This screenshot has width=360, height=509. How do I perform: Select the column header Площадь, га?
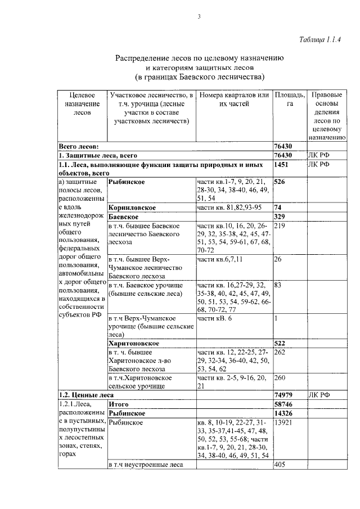tap(290, 100)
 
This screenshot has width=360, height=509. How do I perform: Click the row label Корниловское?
tap(132, 207)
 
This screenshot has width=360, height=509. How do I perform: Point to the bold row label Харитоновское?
tap(134, 343)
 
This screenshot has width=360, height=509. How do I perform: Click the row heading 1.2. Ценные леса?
tap(82, 395)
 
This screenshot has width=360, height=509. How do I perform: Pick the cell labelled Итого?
tap(119, 404)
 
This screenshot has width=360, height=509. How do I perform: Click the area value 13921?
tap(285, 422)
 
